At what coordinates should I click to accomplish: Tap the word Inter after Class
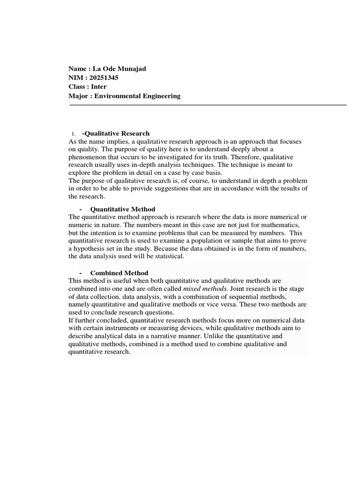click(x=98, y=87)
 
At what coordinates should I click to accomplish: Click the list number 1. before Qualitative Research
click(x=74, y=134)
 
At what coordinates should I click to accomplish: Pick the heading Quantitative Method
click(x=122, y=209)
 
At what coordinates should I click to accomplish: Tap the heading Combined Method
click(x=119, y=273)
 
